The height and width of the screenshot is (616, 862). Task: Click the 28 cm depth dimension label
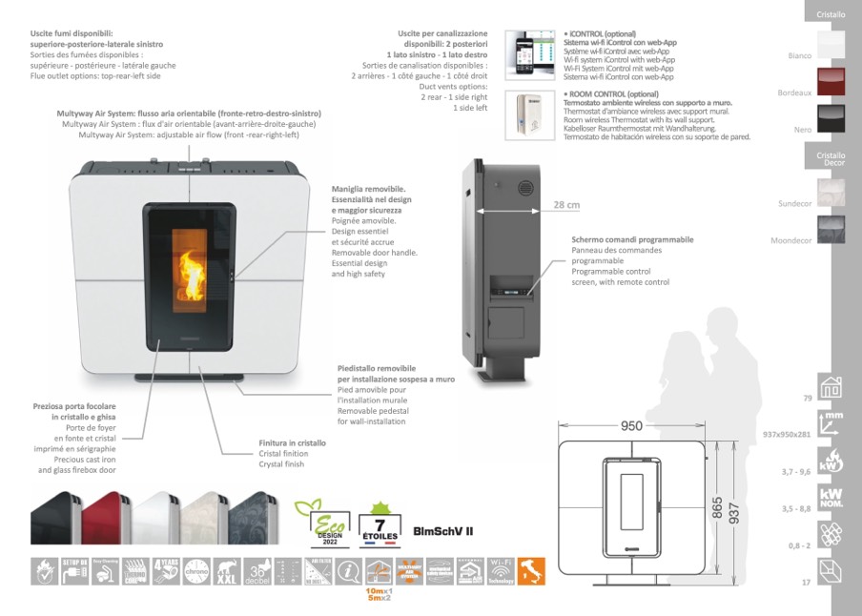[566, 205]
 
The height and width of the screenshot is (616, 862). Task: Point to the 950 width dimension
[631, 426]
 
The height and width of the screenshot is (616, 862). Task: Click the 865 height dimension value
[717, 510]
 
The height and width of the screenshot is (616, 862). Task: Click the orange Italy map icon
[531, 571]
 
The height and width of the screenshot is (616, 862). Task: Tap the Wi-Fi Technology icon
[501, 571]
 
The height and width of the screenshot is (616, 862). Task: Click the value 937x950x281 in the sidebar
[786, 435]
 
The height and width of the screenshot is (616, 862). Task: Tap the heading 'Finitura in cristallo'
[292, 442]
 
